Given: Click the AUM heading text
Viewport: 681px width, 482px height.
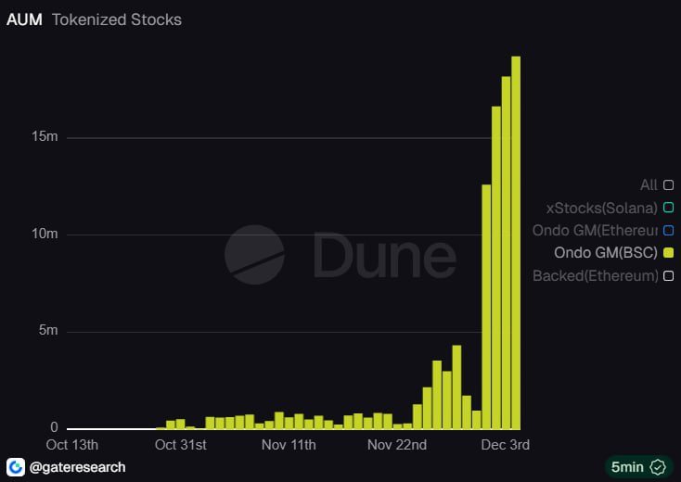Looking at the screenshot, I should tap(24, 19).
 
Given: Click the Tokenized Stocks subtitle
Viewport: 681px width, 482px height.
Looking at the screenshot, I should tap(117, 19).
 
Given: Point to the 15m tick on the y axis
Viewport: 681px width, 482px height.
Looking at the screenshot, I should tap(45, 136).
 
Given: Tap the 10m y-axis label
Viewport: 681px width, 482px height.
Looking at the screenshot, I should tap(45, 234).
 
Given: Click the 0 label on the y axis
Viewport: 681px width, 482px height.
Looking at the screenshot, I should tap(54, 428).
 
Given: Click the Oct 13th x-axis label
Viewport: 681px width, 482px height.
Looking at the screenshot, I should tap(72, 445).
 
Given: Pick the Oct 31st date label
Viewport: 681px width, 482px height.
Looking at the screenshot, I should tap(181, 445).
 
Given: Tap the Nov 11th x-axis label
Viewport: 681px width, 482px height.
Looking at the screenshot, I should tap(289, 445).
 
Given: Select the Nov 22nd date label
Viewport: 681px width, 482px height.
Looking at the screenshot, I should tap(396, 445).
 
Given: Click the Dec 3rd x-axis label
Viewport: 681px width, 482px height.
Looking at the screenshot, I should tap(506, 445).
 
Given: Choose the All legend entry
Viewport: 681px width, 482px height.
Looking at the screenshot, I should tap(649, 185).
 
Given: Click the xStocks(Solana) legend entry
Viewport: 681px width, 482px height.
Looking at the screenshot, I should tap(602, 208).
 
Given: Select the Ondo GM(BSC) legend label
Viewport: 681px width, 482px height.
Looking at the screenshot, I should tap(606, 252).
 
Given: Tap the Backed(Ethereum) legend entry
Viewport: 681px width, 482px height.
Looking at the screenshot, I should tap(596, 275).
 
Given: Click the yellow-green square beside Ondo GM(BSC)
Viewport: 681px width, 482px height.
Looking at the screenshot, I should tap(668, 252).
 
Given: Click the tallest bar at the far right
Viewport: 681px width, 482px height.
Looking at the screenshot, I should tap(516, 241).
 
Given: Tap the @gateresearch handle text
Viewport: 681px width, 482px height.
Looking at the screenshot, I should tap(77, 466).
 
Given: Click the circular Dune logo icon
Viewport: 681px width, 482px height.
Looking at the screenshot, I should tap(254, 254).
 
